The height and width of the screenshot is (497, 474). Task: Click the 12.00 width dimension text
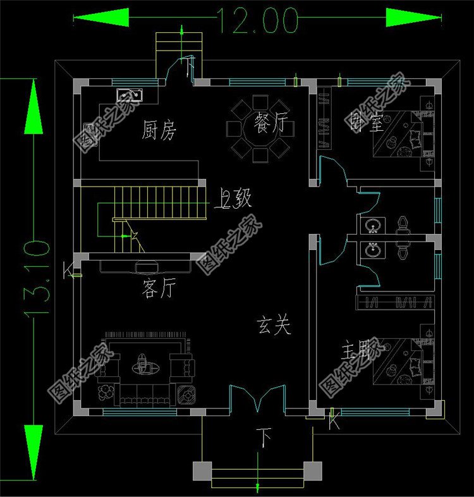tap(258, 20)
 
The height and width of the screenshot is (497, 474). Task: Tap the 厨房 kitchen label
tap(159, 131)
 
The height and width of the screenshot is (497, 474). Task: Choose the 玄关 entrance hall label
tap(273, 326)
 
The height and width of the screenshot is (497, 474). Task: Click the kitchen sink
tap(130, 95)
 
